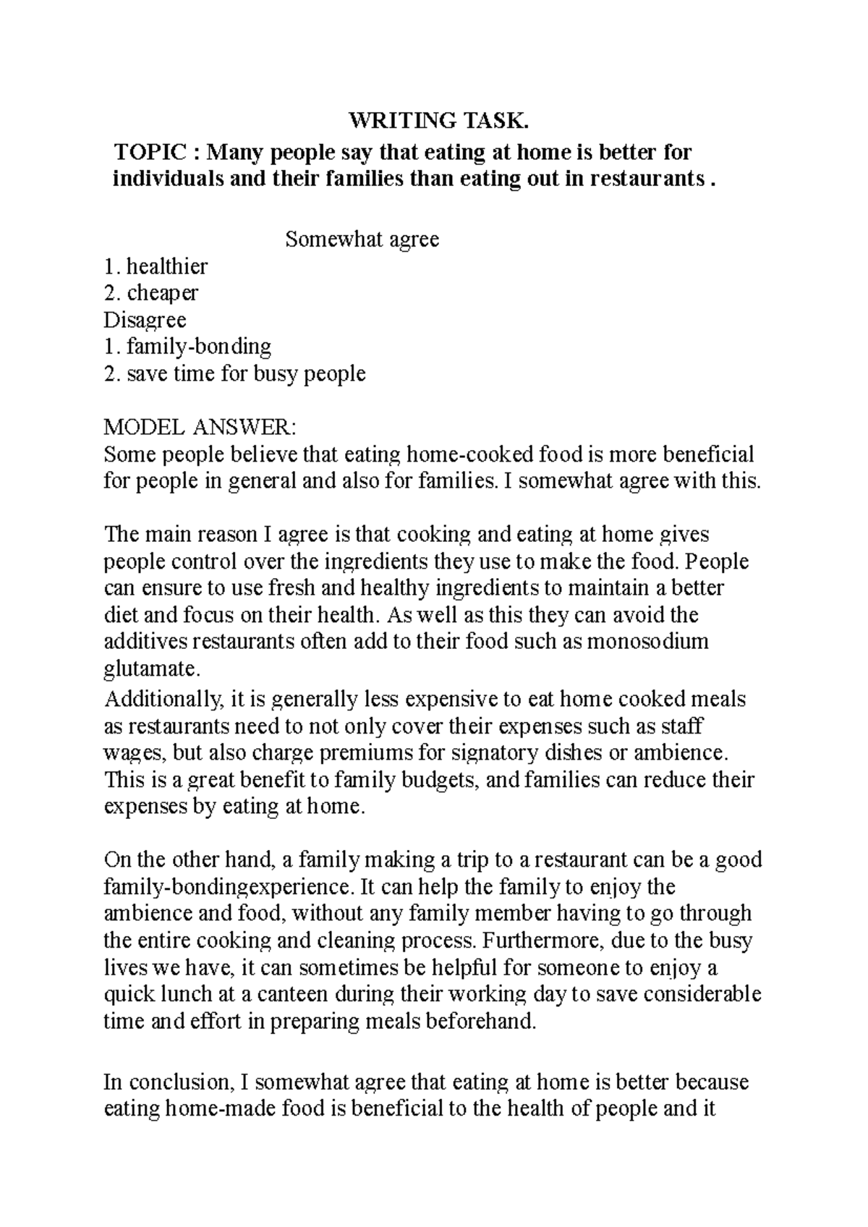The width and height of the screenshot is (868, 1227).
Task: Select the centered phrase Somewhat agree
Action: [362, 239]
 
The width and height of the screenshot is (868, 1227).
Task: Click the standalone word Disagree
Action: [145, 320]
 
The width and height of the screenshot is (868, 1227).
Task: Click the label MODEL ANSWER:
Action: [200, 428]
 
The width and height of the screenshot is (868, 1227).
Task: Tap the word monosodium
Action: [647, 642]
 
